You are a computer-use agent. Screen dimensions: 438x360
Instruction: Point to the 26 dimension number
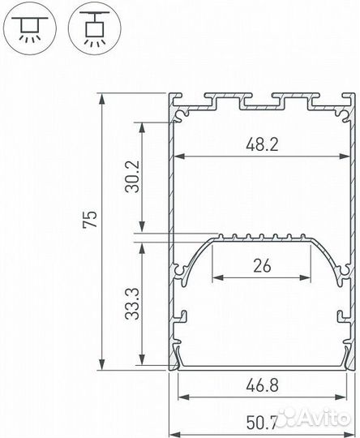tap(261, 264)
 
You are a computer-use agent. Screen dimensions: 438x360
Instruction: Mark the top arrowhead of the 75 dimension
tap(102, 98)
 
